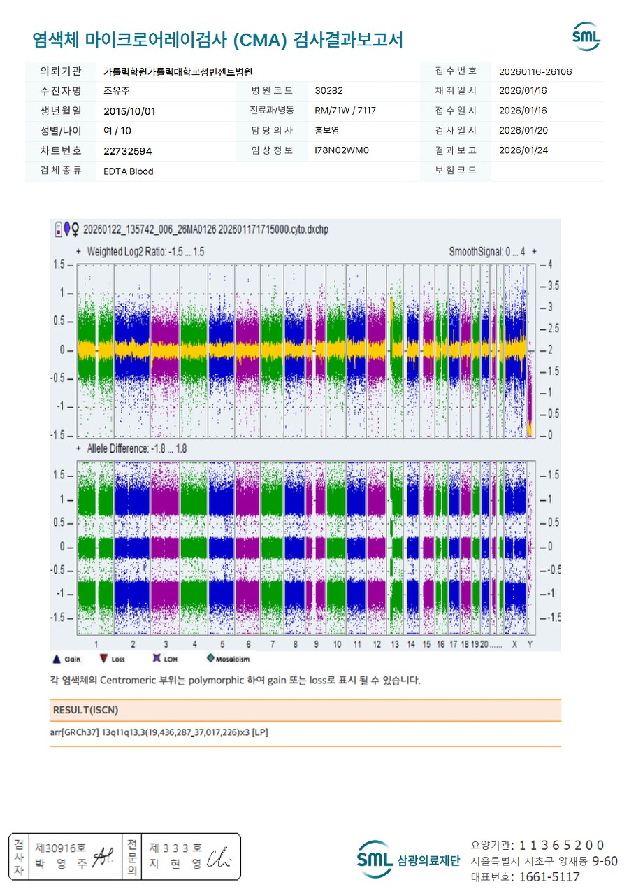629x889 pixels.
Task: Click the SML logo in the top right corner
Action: pos(586,37)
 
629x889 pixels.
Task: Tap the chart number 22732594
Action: pos(127,150)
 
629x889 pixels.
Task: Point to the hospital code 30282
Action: pos(328,90)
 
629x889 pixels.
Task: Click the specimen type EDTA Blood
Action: pos(128,171)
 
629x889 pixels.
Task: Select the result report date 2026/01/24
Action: pos(523,150)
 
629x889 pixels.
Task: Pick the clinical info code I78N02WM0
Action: pos(341,150)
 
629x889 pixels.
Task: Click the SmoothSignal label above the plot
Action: pos(486,251)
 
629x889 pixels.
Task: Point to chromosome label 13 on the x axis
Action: pos(395,643)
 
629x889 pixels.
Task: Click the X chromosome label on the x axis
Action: pos(514,643)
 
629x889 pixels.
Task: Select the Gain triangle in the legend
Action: pos(57,658)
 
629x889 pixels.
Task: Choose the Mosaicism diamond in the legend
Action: pos(210,658)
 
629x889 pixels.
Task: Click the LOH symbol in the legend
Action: pos(157,658)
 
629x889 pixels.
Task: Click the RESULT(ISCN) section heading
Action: pos(85,710)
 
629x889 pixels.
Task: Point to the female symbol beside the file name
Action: pos(75,229)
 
